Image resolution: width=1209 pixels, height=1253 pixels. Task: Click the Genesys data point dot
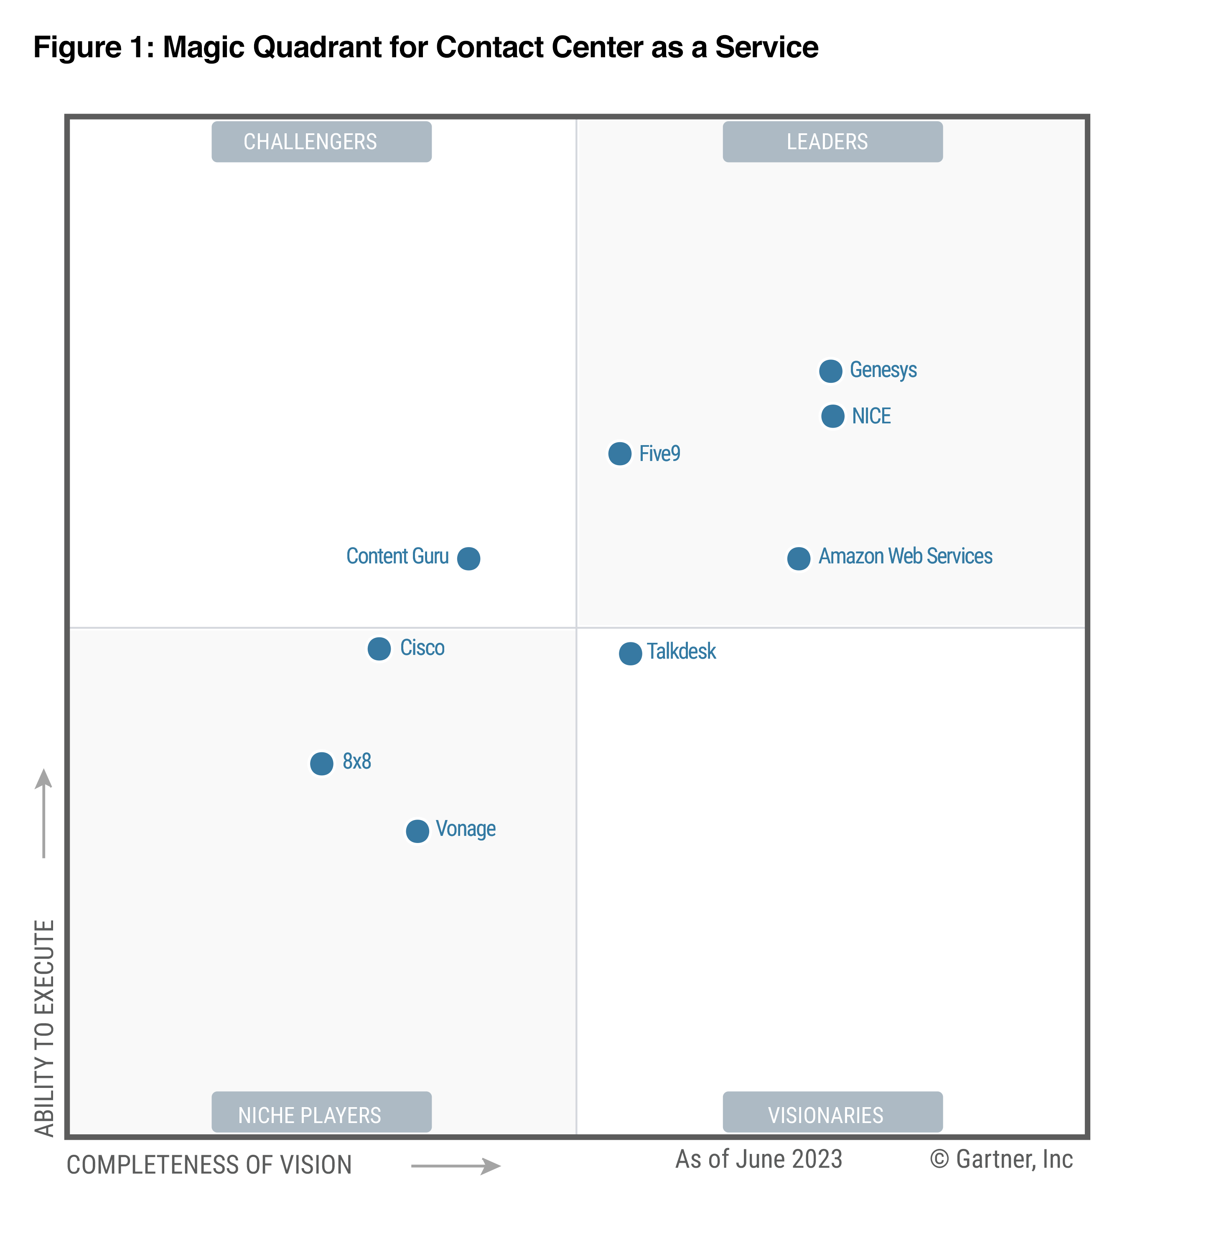tap(830, 371)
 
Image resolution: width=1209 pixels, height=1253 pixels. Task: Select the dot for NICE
tap(832, 416)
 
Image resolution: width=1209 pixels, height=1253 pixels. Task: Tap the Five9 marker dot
tap(619, 454)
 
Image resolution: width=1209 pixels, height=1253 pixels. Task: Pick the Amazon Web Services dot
tap(799, 558)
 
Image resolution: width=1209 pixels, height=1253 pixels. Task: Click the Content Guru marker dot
tap(468, 558)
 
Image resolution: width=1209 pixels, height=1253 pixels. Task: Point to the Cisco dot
tap(379, 649)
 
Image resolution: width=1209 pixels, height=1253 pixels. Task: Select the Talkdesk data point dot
tap(630, 653)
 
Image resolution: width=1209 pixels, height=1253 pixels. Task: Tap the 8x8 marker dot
tap(322, 763)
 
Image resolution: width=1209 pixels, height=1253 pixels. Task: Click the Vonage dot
tap(417, 831)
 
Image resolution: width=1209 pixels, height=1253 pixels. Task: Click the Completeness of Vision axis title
tap(209, 1165)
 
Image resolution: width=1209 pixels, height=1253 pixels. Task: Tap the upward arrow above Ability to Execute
tap(43, 812)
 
